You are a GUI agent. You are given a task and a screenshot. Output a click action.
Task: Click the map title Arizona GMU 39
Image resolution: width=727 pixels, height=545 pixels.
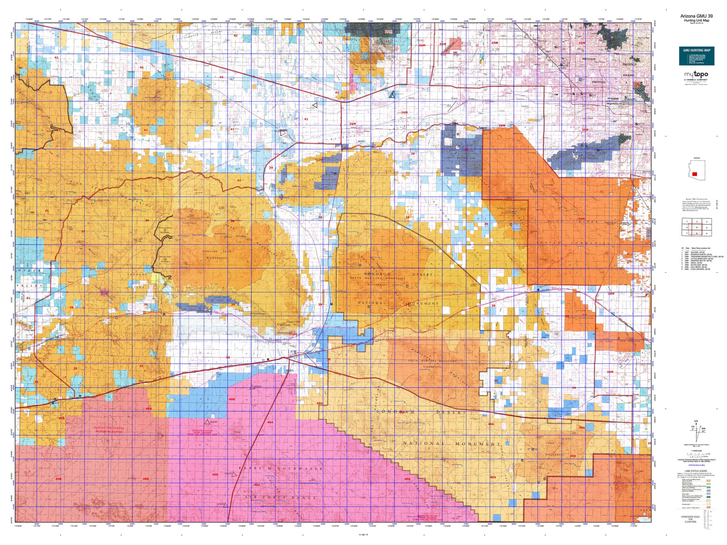[x=696, y=16]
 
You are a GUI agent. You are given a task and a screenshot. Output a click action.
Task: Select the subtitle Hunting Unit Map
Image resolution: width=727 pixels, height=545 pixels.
[x=696, y=20]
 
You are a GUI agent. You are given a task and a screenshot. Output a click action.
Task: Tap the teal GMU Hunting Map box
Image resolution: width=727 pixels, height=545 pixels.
[x=696, y=56]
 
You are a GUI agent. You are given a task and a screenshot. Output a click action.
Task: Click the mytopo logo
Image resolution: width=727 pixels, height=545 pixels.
[x=696, y=75]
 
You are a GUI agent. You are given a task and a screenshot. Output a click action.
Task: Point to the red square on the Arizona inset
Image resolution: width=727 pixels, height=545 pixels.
[x=695, y=174]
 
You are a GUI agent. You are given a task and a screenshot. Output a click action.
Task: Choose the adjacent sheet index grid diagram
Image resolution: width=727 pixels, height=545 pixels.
[x=696, y=227]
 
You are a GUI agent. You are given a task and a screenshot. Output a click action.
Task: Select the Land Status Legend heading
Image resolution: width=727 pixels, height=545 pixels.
[x=696, y=471]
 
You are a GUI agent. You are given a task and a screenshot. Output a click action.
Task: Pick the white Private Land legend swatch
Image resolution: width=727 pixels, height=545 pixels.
[x=709, y=504]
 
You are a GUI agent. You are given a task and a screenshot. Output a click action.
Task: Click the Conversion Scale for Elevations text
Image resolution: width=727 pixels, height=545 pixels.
[x=690, y=519]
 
